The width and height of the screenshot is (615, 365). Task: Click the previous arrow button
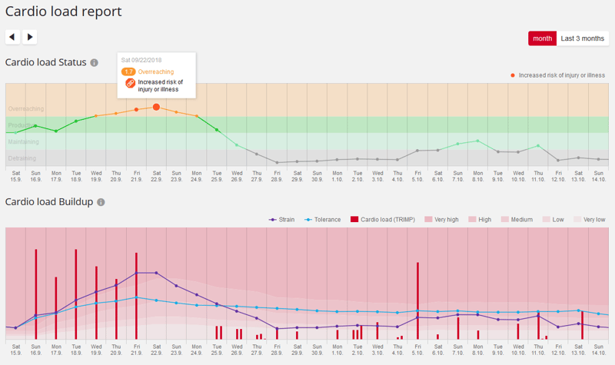tap(12, 37)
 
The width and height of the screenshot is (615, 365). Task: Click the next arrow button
tap(29, 37)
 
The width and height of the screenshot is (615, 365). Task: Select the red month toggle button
tap(542, 38)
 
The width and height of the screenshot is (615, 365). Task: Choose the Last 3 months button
tap(582, 38)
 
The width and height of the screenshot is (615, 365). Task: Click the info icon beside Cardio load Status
tap(94, 62)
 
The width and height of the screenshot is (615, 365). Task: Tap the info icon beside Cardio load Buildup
tap(101, 201)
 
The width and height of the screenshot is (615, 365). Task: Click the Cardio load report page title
tap(63, 12)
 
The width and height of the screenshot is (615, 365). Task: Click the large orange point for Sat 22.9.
tap(156, 108)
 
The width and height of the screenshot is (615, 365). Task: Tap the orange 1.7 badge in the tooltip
tap(129, 71)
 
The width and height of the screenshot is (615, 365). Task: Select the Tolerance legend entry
tap(324, 220)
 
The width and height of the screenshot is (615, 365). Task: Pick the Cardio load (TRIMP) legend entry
tap(382, 220)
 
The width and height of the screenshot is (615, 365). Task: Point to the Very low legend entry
tap(589, 220)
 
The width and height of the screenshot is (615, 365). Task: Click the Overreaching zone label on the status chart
tap(25, 109)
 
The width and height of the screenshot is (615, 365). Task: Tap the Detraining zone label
tap(22, 158)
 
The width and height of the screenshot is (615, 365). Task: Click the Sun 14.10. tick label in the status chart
tap(599, 175)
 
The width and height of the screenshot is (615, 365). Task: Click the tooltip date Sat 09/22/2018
tap(142, 60)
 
